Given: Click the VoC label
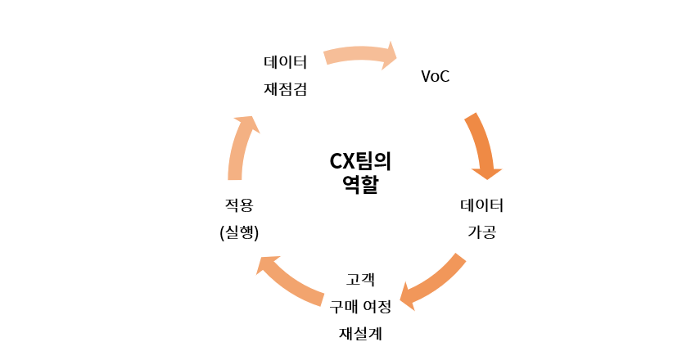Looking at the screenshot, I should [435, 77].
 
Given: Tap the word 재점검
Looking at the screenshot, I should [285, 89].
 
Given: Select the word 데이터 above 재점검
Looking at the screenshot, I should [285, 61].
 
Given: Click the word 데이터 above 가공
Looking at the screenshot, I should [481, 204].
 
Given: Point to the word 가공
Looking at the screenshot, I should [481, 232].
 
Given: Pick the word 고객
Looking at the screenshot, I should [360, 279].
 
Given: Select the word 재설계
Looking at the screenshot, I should [360, 333].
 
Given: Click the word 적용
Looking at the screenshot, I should [239, 204].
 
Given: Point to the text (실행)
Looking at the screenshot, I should [239, 232].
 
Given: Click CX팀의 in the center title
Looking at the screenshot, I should [360, 160].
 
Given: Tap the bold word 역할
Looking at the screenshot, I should [360, 184].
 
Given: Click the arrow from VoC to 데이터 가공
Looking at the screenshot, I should [481, 143].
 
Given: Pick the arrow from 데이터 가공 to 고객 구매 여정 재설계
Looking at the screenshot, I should [434, 280].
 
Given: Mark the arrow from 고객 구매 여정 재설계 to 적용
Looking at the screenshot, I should [291, 282].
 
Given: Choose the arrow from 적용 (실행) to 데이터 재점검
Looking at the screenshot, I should [240, 147].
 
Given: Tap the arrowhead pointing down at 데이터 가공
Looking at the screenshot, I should [486, 171].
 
